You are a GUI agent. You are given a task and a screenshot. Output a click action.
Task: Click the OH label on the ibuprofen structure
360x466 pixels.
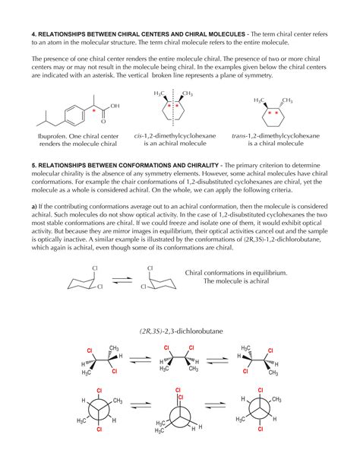[116, 107]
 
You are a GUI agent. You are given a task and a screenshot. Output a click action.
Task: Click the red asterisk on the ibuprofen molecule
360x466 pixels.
[94, 111]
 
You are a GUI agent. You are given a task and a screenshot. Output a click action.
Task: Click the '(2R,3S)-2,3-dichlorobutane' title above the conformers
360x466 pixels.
[179, 331]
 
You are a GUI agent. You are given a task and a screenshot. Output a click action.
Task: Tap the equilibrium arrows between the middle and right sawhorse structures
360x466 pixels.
[220, 358]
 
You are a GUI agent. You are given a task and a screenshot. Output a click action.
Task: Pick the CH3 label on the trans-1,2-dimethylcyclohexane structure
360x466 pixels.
[287, 101]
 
